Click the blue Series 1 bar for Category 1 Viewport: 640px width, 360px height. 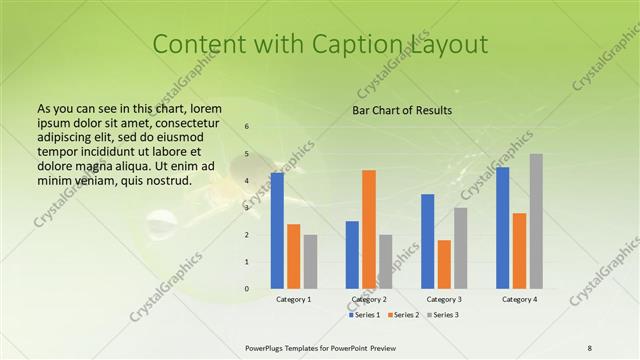[277, 231]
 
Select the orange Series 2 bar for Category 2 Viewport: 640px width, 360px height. [369, 229]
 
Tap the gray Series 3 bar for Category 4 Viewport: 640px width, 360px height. [536, 221]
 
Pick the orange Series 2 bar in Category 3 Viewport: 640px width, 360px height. [444, 264]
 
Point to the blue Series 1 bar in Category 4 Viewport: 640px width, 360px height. [502, 228]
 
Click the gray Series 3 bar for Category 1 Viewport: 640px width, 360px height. [310, 262]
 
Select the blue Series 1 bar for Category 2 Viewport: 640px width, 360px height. [352, 255]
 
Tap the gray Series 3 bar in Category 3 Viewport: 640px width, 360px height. [460, 248]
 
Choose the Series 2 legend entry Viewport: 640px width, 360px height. [404, 315]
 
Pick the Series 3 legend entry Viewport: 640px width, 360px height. [444, 315]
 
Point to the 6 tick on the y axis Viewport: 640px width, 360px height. [247, 127]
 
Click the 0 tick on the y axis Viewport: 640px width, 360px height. [247, 289]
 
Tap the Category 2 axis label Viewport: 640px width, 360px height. [368, 299]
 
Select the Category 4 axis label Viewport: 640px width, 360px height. [519, 299]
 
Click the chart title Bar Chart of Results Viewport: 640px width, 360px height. [402, 110]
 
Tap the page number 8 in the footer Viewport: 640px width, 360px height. [589, 347]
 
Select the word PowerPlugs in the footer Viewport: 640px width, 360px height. [268, 347]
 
